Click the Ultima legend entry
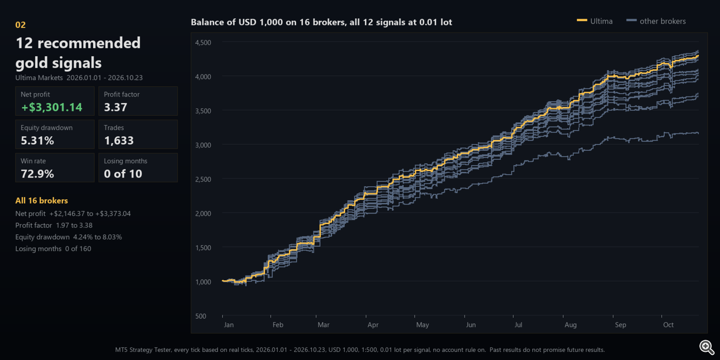[x=595, y=21]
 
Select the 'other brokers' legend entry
[x=656, y=21]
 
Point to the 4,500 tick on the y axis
[x=203, y=42]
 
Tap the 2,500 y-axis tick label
[x=203, y=180]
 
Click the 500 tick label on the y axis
[x=201, y=316]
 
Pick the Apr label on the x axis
[x=373, y=325]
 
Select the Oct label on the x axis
[x=668, y=325]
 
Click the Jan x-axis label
[x=228, y=325]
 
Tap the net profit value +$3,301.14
[x=52, y=107]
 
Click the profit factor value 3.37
[x=115, y=107]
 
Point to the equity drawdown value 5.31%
[x=37, y=141]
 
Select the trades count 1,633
[x=119, y=141]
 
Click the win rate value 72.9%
[x=37, y=174]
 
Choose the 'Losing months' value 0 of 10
[x=123, y=174]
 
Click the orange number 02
[x=20, y=25]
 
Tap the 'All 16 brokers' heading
[x=41, y=201]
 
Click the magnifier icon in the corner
[x=707, y=348]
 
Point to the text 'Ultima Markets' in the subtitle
[x=39, y=78]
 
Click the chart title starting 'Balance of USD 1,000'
[x=322, y=22]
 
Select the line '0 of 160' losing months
[x=78, y=249]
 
